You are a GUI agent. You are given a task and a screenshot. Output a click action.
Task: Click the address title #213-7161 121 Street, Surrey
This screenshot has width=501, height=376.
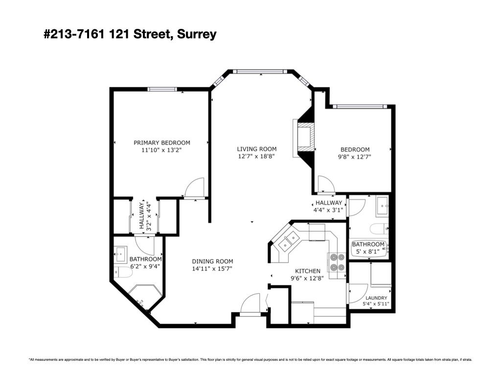[x=130, y=34]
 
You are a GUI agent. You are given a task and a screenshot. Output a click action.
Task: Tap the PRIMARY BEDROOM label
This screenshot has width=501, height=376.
[x=161, y=142]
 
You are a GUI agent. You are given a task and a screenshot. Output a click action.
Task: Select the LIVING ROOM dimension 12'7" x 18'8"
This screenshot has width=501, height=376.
[x=256, y=157]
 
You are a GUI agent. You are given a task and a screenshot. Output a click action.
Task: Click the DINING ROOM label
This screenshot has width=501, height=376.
[x=212, y=261]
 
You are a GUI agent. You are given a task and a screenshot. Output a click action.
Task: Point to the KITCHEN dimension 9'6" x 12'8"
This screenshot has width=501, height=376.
[x=307, y=278]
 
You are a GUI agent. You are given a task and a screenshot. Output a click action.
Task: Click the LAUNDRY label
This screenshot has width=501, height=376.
[x=376, y=298]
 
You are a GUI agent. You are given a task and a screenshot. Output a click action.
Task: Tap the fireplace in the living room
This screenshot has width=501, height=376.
[x=303, y=138]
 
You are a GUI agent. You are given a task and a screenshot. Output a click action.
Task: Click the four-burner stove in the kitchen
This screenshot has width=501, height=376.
[x=337, y=262]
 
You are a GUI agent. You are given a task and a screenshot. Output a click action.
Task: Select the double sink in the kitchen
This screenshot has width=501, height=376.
[x=289, y=241]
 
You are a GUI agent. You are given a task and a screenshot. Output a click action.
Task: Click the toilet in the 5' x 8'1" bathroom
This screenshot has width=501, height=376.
[x=379, y=229]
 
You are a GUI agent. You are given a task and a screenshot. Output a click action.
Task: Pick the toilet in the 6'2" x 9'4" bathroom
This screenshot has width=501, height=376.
[x=123, y=273]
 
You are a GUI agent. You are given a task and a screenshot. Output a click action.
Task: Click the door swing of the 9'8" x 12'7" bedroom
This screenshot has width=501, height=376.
[x=326, y=185]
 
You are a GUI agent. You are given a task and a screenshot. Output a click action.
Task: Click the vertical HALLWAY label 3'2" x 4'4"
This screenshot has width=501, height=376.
[x=145, y=216]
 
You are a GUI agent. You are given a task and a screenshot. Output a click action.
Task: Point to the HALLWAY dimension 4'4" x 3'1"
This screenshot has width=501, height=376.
[x=329, y=210]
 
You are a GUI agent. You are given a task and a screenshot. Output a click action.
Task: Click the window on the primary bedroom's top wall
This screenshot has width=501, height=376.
[x=162, y=89]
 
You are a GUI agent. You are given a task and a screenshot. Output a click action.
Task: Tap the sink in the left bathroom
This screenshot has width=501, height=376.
[x=121, y=254]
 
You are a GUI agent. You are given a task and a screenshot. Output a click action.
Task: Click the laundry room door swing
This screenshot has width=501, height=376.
[x=358, y=293]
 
